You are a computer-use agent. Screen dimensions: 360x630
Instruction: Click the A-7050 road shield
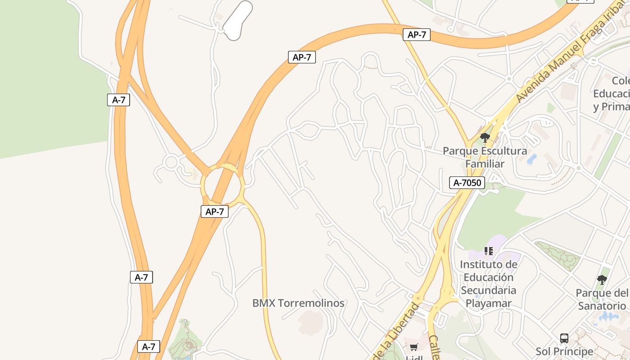click(467, 183)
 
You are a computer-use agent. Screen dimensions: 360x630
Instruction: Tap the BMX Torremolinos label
click(298, 303)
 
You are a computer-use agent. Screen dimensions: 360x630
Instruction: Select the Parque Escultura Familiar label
click(485, 157)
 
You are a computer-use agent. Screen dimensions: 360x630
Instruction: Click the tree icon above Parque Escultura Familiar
click(485, 137)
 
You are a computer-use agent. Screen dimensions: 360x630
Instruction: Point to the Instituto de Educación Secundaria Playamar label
click(489, 283)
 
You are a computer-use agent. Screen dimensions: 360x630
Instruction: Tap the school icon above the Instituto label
click(489, 251)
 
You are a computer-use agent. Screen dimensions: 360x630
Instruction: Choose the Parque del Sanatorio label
click(602, 299)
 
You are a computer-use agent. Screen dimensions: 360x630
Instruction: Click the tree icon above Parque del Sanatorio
click(602, 280)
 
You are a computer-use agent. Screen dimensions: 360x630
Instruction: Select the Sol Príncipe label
click(564, 351)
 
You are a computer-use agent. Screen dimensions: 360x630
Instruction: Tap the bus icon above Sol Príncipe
click(564, 338)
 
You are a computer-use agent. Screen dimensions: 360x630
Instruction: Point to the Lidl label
click(413, 358)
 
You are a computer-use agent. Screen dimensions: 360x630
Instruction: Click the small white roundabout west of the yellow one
click(171, 162)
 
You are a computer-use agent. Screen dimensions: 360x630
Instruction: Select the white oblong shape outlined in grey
click(238, 20)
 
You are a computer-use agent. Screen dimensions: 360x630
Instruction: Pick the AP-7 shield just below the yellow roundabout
click(215, 211)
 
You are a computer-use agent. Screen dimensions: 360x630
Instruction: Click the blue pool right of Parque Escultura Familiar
click(532, 159)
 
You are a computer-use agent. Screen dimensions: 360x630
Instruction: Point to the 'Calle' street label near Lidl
click(434, 346)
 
